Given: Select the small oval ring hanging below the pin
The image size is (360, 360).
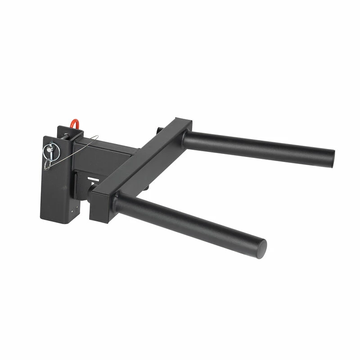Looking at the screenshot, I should [x=47, y=165].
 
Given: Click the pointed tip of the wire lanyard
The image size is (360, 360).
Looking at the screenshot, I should [x=97, y=138].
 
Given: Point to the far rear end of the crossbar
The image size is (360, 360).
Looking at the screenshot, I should [x=184, y=123].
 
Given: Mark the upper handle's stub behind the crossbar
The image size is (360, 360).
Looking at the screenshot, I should [x=159, y=130].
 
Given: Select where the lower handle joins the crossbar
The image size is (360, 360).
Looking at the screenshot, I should [x=118, y=203].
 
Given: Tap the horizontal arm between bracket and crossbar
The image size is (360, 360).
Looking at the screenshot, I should [x=108, y=153].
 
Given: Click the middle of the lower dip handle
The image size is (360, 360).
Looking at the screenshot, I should [x=189, y=223].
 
